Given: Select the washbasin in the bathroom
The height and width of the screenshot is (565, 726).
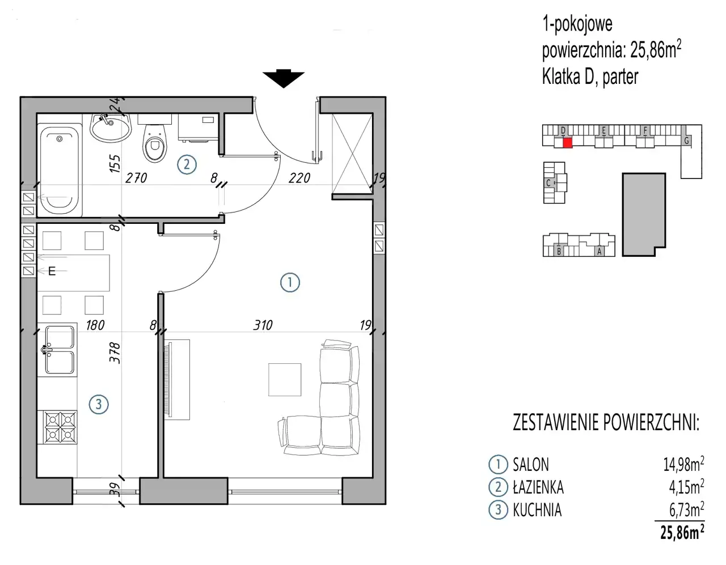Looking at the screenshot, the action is (110, 128).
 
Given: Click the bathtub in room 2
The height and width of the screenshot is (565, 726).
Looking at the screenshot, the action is (60, 170).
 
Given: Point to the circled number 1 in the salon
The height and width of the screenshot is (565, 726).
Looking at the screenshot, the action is (290, 283).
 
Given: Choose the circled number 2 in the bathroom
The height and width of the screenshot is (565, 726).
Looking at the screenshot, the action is (187, 164).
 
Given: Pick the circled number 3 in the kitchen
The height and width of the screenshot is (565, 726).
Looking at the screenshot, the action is (99, 405).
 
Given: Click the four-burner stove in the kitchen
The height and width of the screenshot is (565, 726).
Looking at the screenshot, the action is (61, 427).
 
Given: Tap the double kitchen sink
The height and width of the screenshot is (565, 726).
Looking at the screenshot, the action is (59, 350).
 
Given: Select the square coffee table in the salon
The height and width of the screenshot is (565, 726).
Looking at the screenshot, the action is (285, 380).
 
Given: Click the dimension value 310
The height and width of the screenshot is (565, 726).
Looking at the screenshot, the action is (263, 325).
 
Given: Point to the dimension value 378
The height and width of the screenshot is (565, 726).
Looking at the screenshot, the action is (115, 352).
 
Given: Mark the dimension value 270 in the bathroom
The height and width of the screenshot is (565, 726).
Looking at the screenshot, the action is (136, 178).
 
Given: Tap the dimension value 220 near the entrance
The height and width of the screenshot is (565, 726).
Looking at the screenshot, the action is (299, 178).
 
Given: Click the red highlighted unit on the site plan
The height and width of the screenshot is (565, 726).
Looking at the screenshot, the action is (567, 143).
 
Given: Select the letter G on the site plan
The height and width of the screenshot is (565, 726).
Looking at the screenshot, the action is (686, 141).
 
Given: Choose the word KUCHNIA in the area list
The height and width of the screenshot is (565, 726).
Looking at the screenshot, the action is (537, 510).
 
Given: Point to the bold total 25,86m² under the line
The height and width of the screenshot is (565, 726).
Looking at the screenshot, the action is (682, 532).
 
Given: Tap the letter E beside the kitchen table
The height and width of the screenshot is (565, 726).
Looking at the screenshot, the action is (52, 271).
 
